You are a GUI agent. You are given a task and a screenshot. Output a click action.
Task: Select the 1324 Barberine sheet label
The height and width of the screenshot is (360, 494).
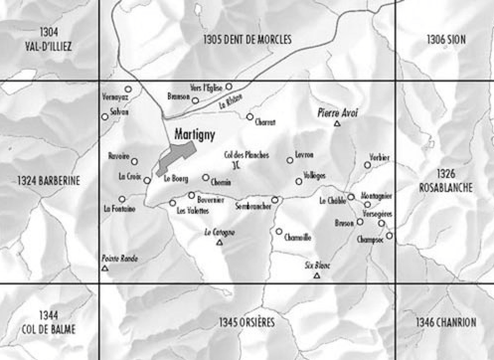(x=48, y=180)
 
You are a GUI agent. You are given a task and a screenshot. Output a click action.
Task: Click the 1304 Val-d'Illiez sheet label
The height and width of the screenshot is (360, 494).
(x=48, y=39)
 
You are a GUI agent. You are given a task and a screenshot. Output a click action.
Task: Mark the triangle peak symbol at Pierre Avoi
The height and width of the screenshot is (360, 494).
(x=338, y=124)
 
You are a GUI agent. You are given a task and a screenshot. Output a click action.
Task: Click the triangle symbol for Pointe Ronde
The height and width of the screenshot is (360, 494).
(x=104, y=269)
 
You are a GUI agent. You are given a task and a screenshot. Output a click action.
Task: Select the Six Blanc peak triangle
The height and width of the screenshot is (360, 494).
(x=316, y=275)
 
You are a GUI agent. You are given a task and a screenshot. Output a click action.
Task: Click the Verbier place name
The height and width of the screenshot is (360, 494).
(x=378, y=158)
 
